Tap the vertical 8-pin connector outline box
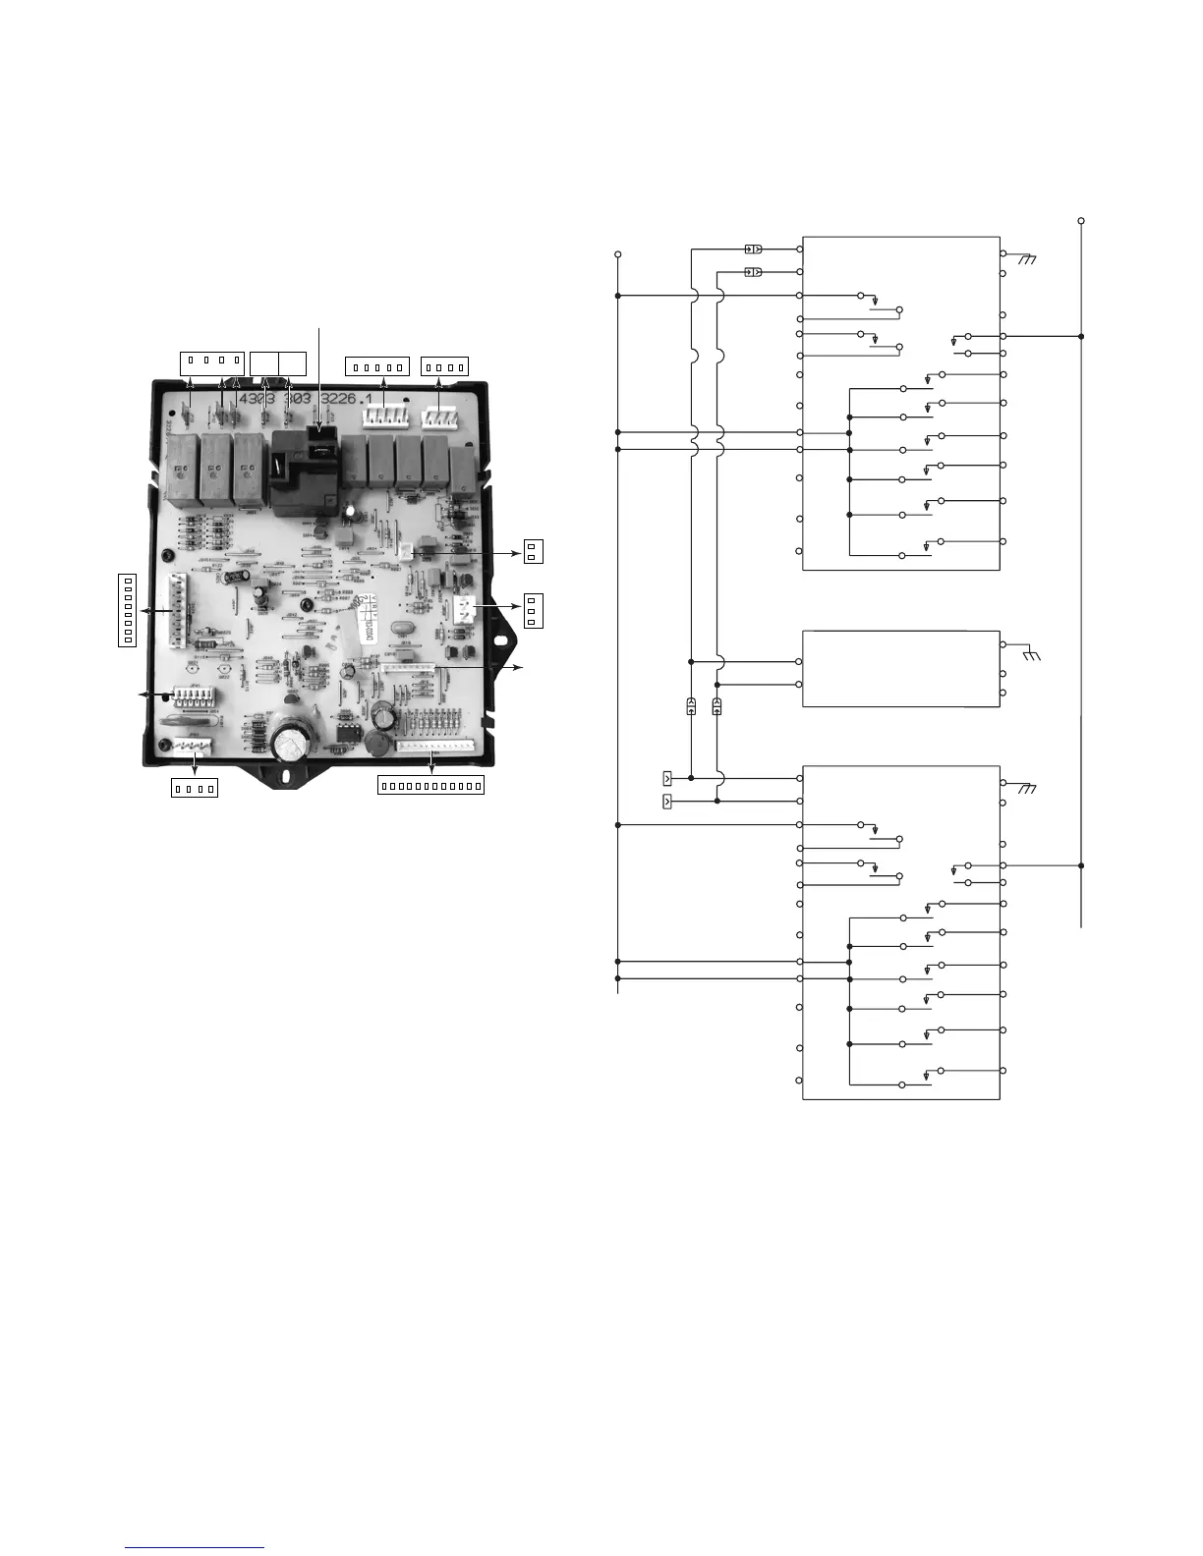126,609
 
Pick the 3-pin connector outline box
532,610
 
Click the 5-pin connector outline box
377,367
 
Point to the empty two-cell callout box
278,361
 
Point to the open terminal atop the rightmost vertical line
1081,220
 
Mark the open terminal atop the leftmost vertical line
617,254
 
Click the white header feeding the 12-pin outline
433,746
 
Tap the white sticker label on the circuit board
372,605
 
